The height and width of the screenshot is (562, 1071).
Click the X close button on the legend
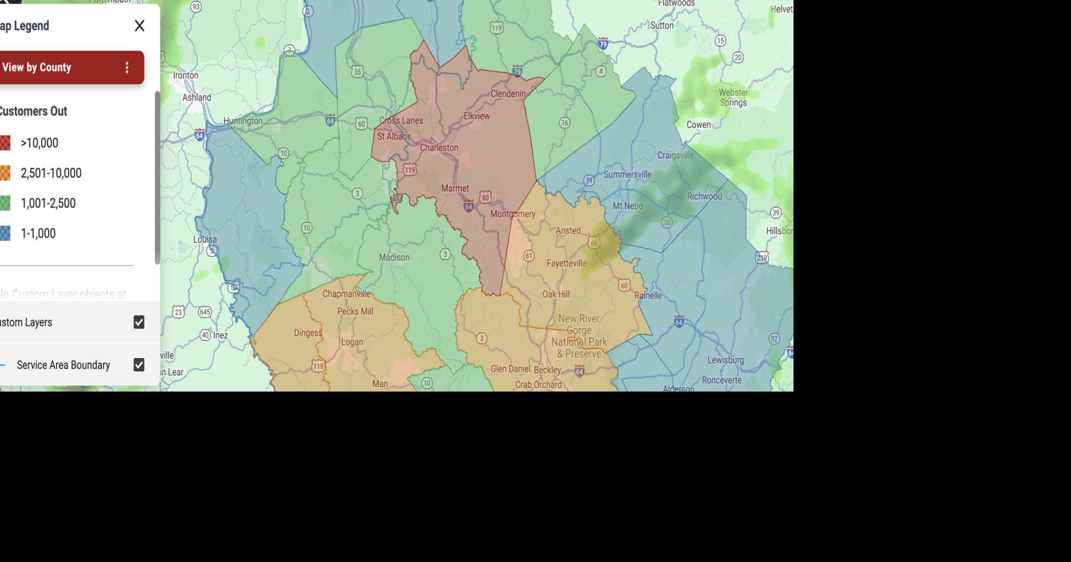coord(139,26)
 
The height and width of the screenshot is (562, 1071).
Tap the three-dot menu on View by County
coord(127,67)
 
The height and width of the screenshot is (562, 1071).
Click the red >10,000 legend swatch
coord(5,143)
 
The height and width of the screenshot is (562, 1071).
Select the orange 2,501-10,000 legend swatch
coord(5,173)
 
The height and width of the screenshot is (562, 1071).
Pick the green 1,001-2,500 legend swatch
coord(5,203)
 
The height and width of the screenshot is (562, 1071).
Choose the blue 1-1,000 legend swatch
coord(5,233)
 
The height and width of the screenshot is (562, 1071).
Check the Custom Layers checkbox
coord(139,322)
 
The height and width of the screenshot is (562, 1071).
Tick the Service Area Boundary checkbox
coord(139,365)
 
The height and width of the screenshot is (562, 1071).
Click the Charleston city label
coord(439,148)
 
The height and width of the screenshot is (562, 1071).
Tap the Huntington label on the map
coord(243,121)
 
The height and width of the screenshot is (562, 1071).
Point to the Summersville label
coord(627,175)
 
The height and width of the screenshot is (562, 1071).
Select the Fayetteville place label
coord(566,264)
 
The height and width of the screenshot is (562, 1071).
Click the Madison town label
coord(394,258)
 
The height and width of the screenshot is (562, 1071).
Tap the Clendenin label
coord(508,94)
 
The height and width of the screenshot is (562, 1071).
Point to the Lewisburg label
coord(725,360)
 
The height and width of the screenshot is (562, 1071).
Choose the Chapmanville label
coord(346,294)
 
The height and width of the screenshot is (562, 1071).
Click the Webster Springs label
coord(733,97)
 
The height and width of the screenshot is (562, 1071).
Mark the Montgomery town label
coord(513,214)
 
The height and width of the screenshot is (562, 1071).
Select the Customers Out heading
coord(33,112)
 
